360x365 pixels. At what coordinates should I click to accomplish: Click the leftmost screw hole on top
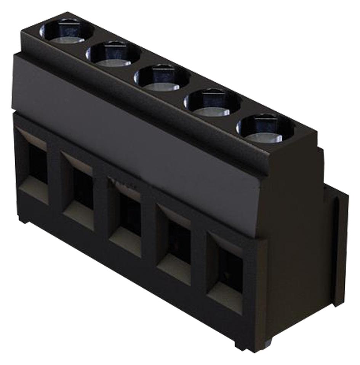(x=66, y=32)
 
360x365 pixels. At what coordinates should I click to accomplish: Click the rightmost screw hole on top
(x=265, y=129)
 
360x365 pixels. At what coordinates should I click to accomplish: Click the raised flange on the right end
(x=341, y=244)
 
